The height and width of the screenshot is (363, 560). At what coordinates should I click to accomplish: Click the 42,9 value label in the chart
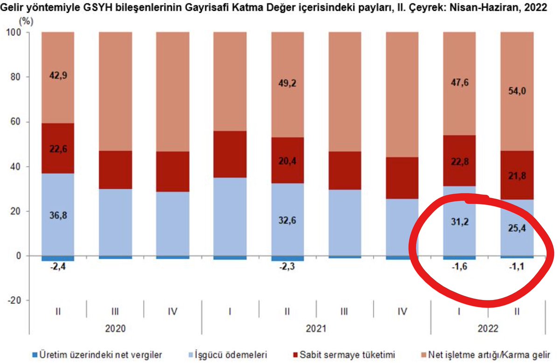click(57, 76)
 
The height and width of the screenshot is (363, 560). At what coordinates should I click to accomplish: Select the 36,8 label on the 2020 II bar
click(57, 216)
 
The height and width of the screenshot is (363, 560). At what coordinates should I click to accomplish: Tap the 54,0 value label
click(517, 92)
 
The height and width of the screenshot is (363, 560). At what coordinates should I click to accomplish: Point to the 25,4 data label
click(517, 228)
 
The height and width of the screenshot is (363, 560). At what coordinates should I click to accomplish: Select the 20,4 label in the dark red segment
click(287, 161)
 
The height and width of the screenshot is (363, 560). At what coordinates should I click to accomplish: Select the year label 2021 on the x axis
click(316, 329)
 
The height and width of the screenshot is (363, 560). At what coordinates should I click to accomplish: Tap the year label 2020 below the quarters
click(115, 329)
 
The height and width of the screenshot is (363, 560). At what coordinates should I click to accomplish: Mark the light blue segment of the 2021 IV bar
click(402, 227)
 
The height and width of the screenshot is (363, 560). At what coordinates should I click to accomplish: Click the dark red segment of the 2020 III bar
click(115, 170)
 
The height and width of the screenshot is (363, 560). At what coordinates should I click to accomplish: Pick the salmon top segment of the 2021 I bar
click(230, 81)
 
